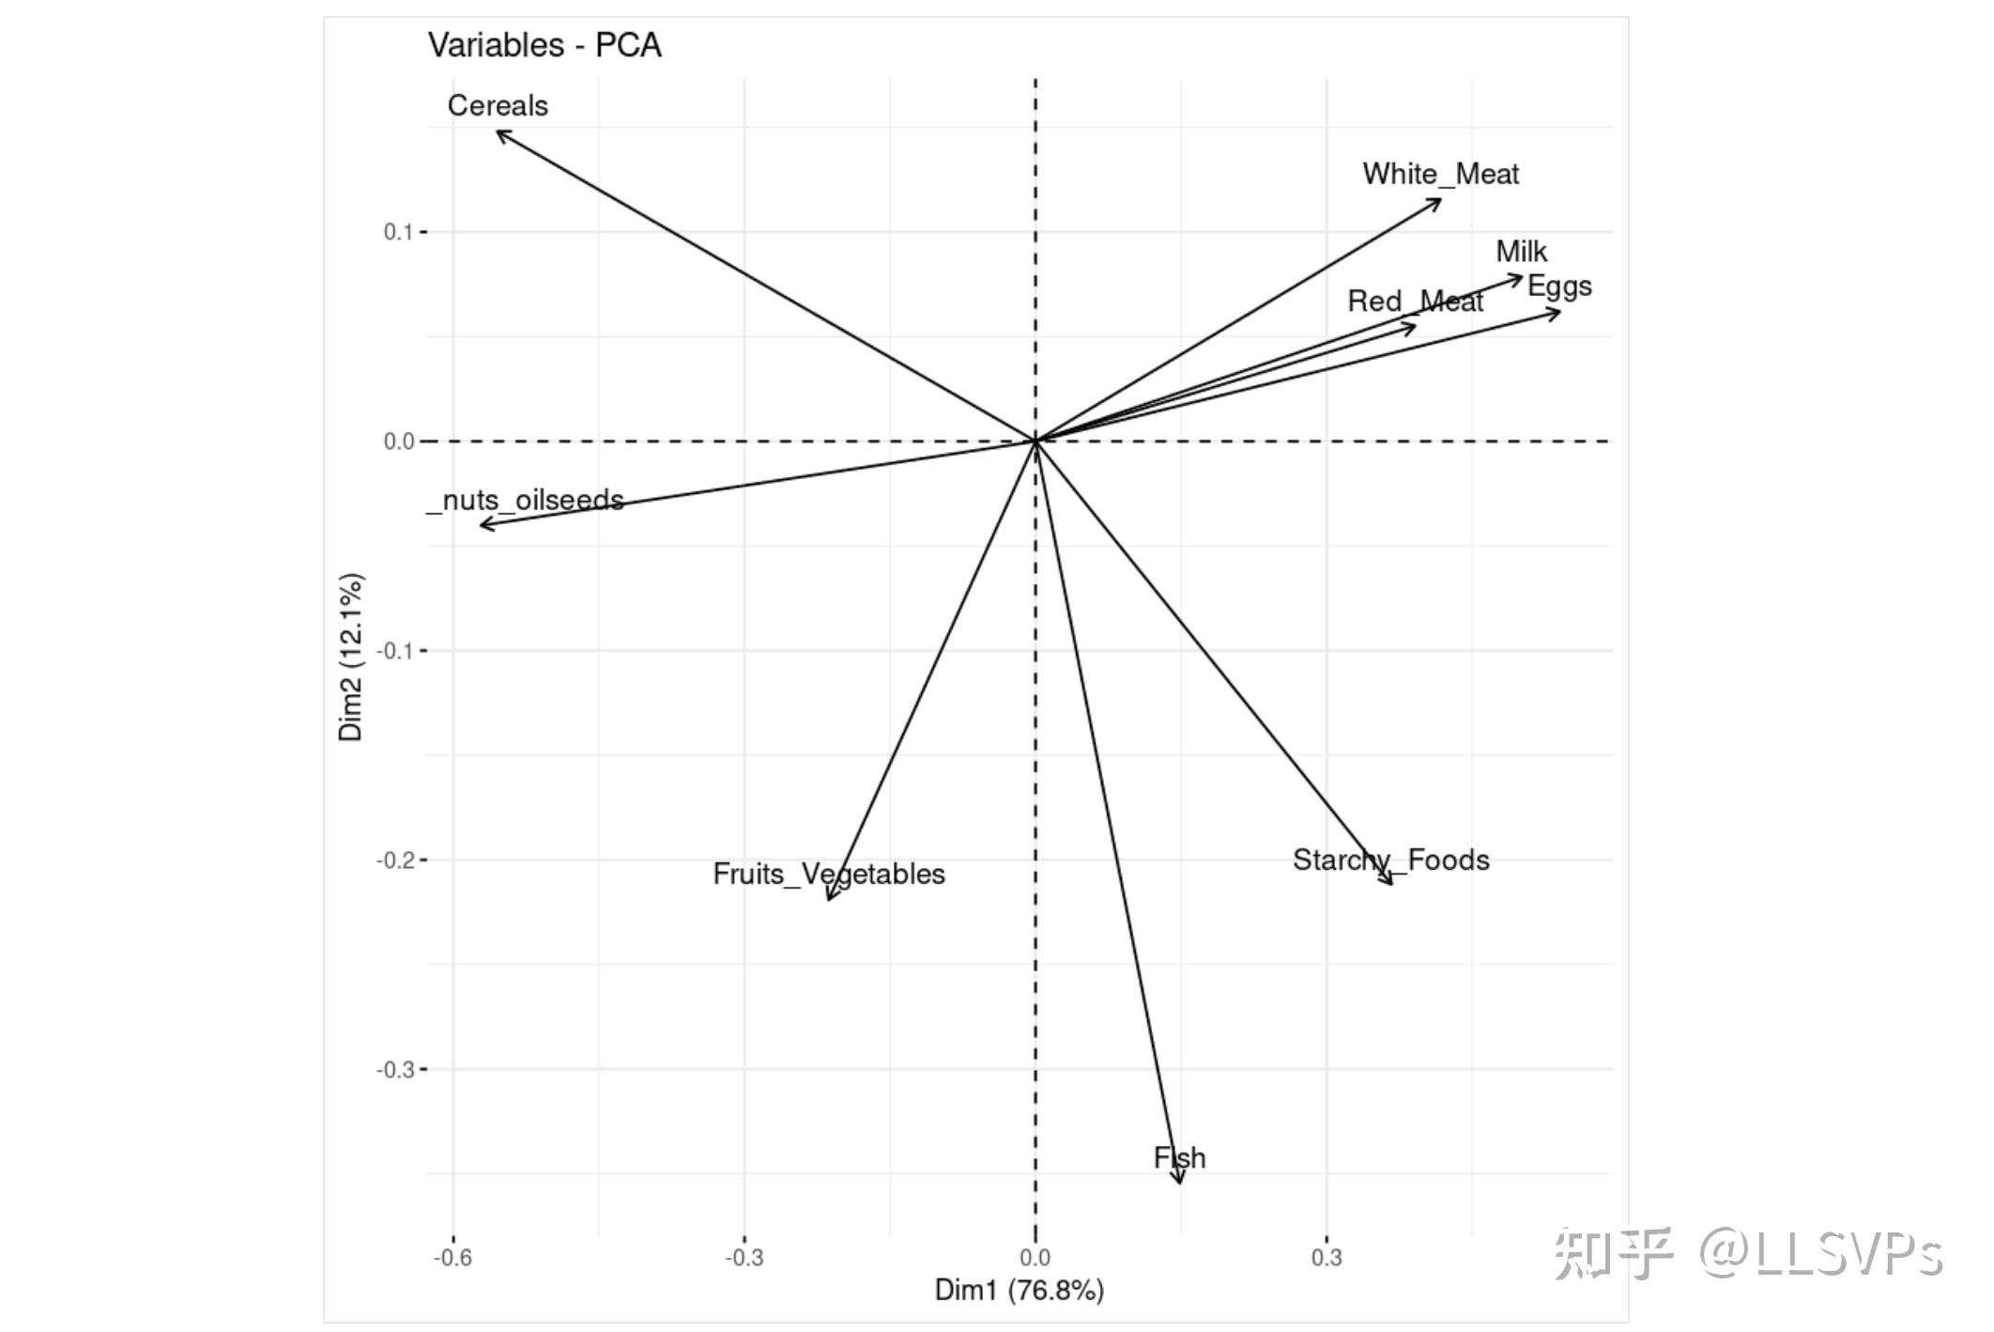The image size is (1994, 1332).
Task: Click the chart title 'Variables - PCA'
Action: coord(545,45)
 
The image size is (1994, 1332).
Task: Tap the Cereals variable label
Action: coord(498,105)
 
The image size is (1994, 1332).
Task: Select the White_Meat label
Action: coord(1440,174)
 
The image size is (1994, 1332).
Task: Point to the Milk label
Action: coord(1521,252)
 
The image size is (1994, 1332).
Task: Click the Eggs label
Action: coord(1559,287)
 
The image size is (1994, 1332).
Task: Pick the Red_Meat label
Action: coord(1415,302)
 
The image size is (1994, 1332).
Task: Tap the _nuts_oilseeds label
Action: coord(526,500)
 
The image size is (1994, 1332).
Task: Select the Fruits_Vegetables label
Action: coord(828,875)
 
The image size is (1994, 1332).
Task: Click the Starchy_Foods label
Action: coord(1390,860)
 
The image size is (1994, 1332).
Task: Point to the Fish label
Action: coord(1179,1158)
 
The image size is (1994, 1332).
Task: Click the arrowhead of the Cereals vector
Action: coord(498,132)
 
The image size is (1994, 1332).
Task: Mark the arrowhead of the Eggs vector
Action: coord(1557,311)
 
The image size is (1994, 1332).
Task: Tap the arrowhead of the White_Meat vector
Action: coord(1438,200)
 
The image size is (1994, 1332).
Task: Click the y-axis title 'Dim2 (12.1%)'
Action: coord(351,657)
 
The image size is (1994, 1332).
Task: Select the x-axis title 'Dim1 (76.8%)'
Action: coord(1019,1290)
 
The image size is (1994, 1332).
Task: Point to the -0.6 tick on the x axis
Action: coord(452,1258)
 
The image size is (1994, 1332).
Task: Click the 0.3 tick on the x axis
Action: coord(1326,1258)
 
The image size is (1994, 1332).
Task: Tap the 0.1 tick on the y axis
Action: coord(398,232)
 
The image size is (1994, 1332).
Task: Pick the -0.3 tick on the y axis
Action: coord(395,1070)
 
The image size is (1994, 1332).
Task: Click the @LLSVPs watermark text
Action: coord(1820,1254)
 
